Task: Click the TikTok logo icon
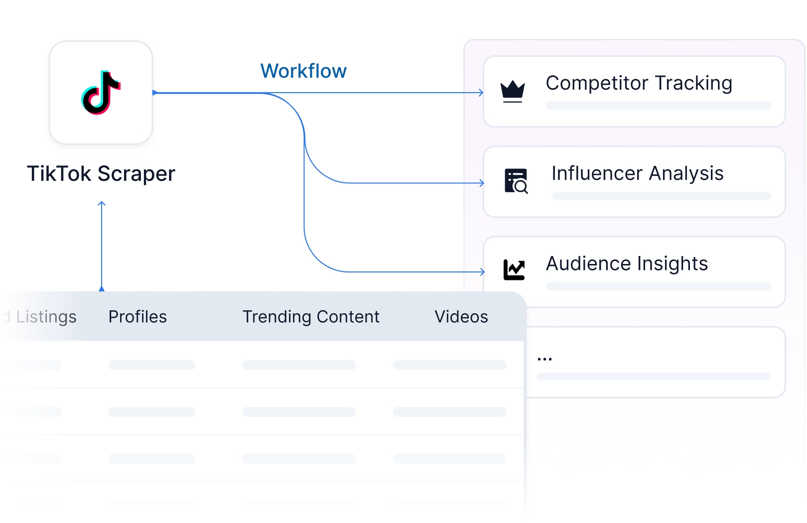101,93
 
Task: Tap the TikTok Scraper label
101,174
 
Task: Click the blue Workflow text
303,71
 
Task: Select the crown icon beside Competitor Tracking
513,92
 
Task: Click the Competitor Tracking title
639,84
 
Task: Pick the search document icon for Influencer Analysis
516,181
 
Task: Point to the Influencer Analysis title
637,173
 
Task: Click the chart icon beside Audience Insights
514,270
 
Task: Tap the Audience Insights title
627,263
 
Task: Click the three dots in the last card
544,359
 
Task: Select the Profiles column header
137,317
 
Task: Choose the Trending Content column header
311,317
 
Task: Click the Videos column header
461,317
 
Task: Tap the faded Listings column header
46,317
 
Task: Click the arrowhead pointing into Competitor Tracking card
482,93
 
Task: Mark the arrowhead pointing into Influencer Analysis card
482,183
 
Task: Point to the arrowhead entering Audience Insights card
482,271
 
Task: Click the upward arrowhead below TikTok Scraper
102,204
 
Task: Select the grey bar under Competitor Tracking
658,106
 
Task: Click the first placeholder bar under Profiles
151,365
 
